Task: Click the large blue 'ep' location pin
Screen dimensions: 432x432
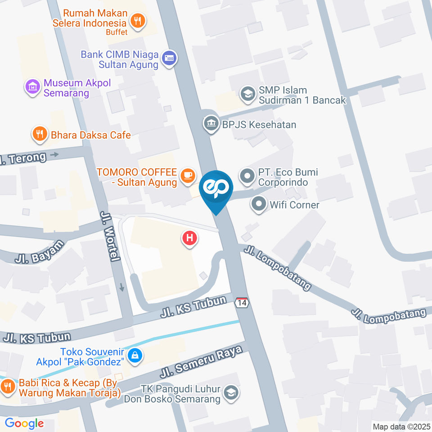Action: [216, 188]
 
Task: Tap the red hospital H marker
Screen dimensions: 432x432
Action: [190, 238]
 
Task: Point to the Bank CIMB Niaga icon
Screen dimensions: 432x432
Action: [170, 58]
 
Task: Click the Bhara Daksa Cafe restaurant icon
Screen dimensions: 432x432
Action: [40, 134]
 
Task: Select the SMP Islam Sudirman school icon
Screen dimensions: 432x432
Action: [247, 94]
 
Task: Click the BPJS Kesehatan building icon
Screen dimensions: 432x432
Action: [210, 123]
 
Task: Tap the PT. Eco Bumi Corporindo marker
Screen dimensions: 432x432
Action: [247, 176]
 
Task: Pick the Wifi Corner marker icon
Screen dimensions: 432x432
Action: [259, 205]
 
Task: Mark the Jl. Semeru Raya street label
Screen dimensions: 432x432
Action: [203, 359]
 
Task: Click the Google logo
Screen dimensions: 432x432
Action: [24, 423]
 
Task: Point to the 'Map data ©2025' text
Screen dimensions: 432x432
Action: [401, 426]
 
